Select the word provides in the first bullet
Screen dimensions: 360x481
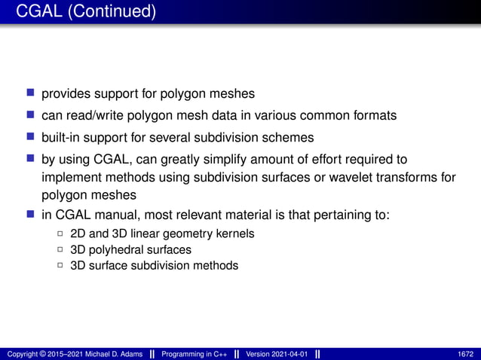point(66,94)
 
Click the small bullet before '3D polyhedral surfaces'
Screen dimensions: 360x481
point(60,249)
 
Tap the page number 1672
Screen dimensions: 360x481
point(466,354)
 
